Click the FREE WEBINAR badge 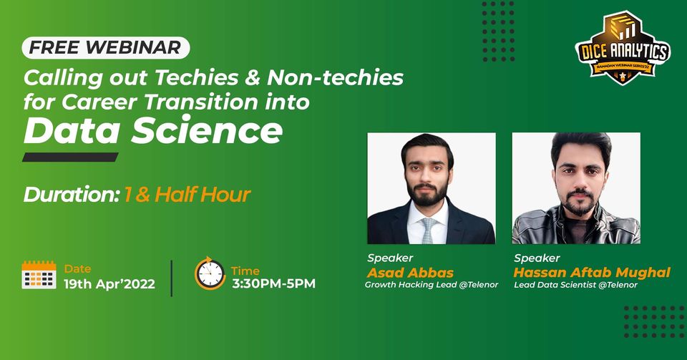(x=106, y=48)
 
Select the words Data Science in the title (x=152, y=131)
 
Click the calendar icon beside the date (x=39, y=275)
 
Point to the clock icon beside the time (x=210, y=273)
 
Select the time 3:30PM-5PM (x=273, y=283)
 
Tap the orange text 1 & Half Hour (x=187, y=194)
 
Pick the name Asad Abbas (x=400, y=273)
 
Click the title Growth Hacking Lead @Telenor (x=432, y=285)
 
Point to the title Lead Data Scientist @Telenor (x=575, y=285)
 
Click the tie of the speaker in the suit (x=428, y=230)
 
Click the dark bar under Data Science (x=70, y=157)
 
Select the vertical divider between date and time (x=172, y=278)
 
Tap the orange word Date (x=77, y=268)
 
